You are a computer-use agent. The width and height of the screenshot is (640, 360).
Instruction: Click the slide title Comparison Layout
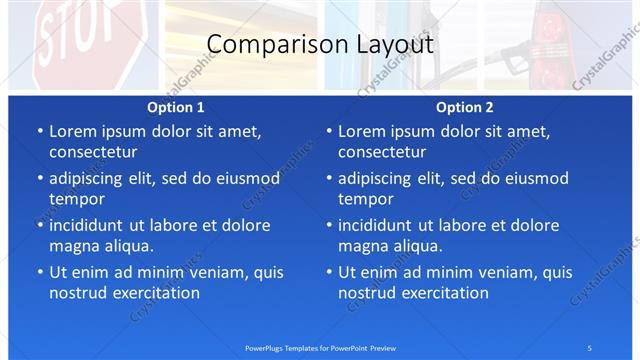coord(320,45)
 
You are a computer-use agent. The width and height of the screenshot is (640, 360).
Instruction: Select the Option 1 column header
coord(176,107)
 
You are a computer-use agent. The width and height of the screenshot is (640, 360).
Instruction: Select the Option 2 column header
coord(465,107)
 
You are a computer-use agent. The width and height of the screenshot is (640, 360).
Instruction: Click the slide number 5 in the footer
coord(589,347)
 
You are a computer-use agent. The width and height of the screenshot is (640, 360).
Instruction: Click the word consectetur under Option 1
coord(93,152)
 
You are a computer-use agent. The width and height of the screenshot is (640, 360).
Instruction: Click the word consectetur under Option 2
coord(382,152)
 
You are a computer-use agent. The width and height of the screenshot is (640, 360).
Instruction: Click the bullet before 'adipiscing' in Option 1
coord(39,179)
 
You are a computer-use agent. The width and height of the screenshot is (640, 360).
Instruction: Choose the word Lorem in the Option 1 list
coord(72,131)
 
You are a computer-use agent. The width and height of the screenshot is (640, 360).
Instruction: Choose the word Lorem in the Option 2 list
coord(361,131)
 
